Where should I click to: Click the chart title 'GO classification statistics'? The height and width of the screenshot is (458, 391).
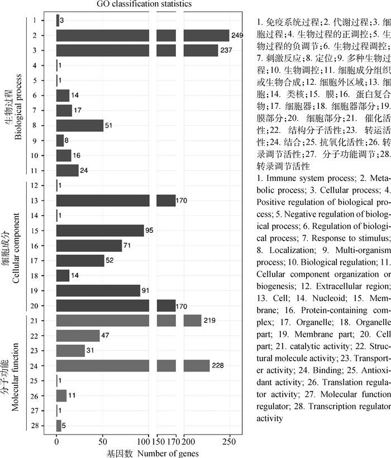pos(144,4)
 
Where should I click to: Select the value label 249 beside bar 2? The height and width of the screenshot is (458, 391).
pos(238,36)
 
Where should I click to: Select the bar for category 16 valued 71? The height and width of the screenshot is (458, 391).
pos(89,245)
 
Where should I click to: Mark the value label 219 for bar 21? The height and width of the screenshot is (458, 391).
pos(209,321)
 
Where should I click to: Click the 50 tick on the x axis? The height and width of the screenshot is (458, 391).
pos(102,439)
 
